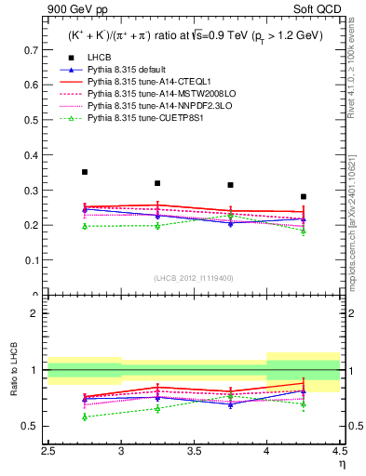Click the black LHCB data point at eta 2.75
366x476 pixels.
(x=85, y=172)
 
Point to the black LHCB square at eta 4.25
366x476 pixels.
(x=304, y=197)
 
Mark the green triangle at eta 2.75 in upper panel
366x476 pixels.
(x=85, y=226)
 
